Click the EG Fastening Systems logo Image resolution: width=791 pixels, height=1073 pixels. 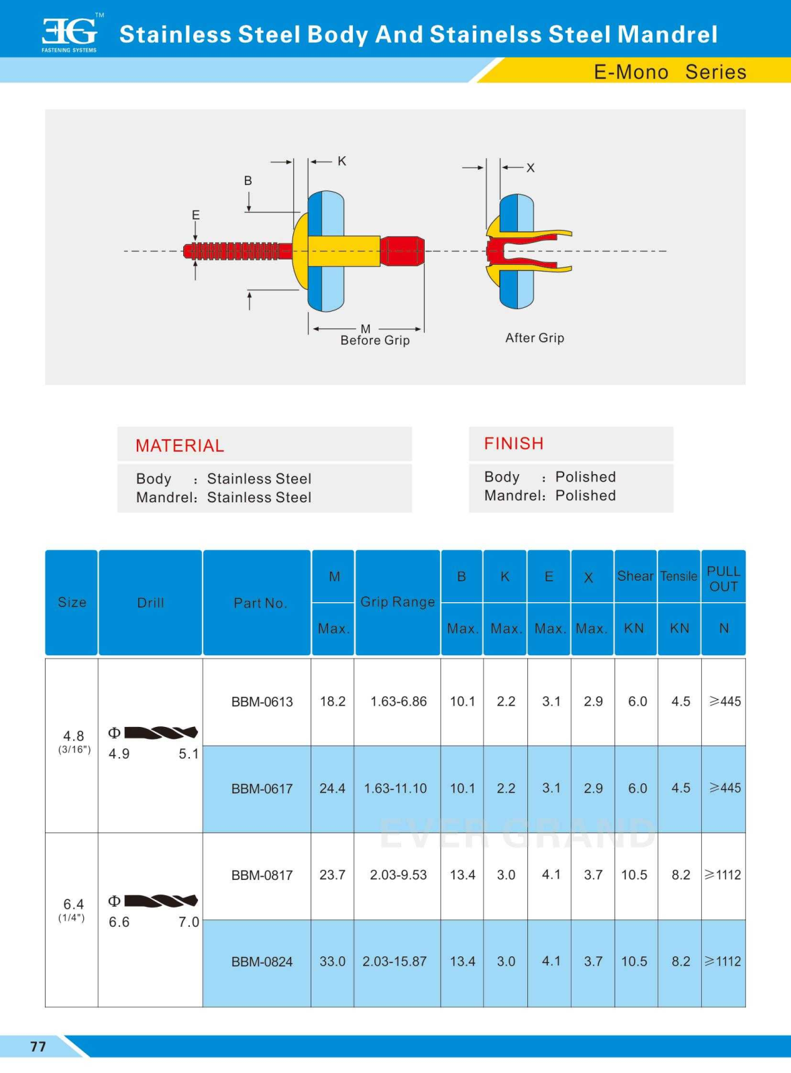[70, 33]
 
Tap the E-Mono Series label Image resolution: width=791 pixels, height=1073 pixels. [670, 72]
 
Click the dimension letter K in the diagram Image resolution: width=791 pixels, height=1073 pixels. [342, 161]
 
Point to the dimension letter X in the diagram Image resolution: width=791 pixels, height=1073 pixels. [531, 168]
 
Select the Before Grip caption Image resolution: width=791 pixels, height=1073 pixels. [374, 340]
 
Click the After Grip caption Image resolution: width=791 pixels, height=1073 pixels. [535, 338]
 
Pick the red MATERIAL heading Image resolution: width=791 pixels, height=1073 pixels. [180, 446]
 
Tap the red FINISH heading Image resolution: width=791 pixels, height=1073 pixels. [514, 444]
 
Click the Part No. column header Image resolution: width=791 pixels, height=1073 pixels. [260, 603]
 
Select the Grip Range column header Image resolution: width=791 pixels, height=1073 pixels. [397, 602]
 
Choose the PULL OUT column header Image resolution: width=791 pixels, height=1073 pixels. [723, 579]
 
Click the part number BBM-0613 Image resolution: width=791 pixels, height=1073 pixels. [262, 702]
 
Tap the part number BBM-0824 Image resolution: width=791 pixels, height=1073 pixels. [262, 962]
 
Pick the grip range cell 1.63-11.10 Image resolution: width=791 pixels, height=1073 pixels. [395, 789]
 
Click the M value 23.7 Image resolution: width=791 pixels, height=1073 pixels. [332, 875]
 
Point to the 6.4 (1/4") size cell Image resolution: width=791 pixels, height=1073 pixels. [73, 909]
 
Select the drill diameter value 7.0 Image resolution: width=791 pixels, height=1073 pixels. [189, 922]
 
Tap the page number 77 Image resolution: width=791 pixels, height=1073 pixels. [38, 1046]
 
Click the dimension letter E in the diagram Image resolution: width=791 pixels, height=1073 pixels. [196, 215]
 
